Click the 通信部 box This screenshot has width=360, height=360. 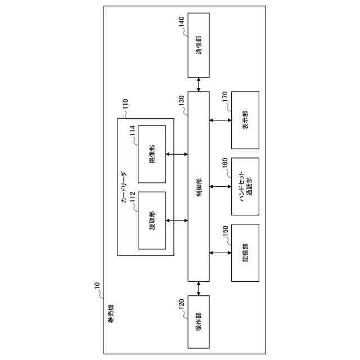click(x=198, y=46)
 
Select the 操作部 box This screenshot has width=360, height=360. click(x=198, y=327)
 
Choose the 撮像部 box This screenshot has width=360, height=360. click(x=152, y=154)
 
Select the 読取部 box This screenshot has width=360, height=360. click(x=152, y=220)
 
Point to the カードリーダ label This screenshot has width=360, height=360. click(x=125, y=186)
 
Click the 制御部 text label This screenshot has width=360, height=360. click(x=198, y=186)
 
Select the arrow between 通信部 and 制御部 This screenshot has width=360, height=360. click(x=198, y=84)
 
